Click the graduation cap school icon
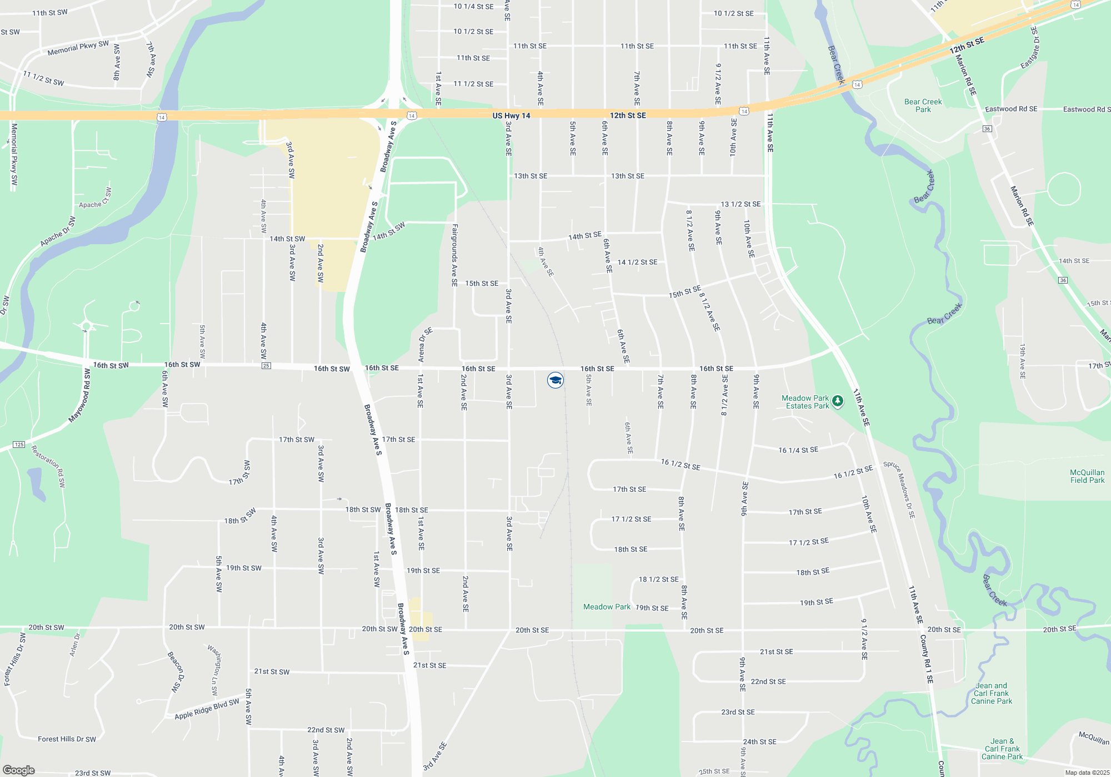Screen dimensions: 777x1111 click(555, 380)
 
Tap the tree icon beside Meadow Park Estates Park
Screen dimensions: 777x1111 click(838, 401)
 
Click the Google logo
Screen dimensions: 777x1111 click(19, 770)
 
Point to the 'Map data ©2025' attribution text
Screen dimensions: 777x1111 click(1087, 773)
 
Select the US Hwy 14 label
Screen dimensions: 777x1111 click(511, 115)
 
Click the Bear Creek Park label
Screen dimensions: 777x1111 click(923, 105)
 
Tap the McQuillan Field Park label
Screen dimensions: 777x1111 click(1087, 476)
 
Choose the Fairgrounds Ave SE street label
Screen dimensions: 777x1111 click(454, 255)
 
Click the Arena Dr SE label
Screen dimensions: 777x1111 click(424, 345)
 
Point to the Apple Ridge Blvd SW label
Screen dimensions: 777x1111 click(207, 709)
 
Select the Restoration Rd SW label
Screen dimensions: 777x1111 click(49, 466)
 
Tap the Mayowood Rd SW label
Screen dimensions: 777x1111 click(79, 396)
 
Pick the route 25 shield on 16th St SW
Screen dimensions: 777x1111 click(266, 366)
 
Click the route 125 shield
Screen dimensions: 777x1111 click(19, 445)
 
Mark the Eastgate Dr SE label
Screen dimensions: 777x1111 click(1030, 48)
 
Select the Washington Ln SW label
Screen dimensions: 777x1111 click(214, 669)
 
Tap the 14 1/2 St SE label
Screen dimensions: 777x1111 click(637, 262)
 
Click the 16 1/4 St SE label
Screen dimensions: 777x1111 click(798, 450)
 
